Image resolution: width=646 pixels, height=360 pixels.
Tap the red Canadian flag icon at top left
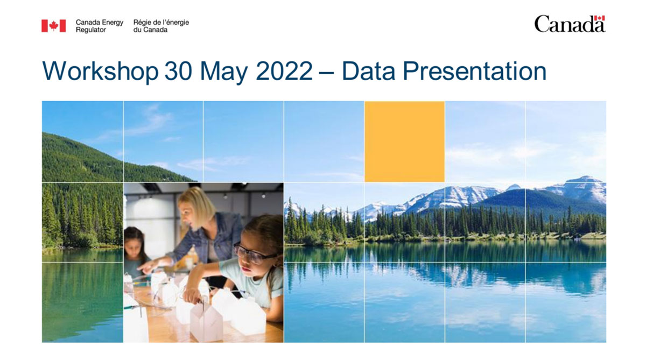pos(53,26)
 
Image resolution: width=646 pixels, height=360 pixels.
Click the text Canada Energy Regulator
pos(99,26)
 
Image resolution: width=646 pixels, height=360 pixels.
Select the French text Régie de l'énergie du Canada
pos(161,26)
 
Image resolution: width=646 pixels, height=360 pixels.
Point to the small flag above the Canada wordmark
pos(600,18)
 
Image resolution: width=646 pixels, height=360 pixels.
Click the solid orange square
pos(404,142)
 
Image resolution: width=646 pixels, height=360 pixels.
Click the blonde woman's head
pos(194,207)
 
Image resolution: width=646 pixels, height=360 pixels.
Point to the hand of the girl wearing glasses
pos(191,295)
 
